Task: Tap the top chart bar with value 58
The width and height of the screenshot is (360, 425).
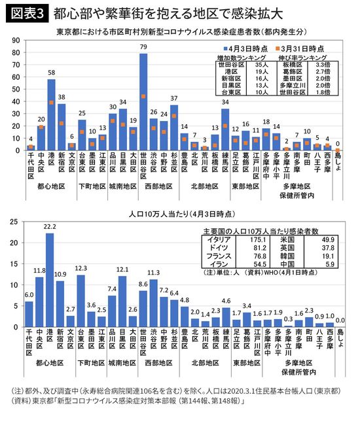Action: pos(51,114)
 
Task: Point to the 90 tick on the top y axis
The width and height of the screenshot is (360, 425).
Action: pos(15,41)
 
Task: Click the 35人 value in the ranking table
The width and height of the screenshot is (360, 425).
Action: pos(262,65)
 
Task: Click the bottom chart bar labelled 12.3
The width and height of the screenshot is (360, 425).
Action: pos(81,300)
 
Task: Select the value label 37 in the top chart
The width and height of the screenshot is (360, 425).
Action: pos(174,99)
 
